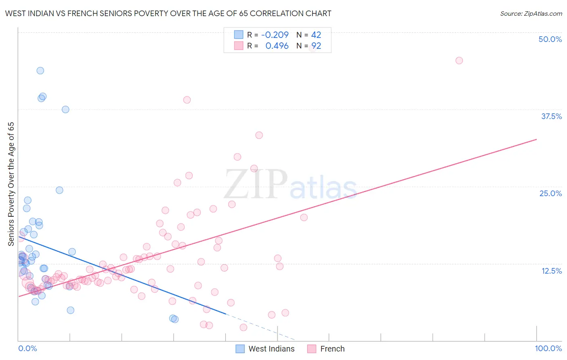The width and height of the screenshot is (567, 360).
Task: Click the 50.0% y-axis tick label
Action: point(550,39)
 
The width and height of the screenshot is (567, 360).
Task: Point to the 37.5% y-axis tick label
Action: point(551,116)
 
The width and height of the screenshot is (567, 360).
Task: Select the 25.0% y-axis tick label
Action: point(550,193)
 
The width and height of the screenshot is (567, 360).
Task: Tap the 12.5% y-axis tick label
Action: point(551,271)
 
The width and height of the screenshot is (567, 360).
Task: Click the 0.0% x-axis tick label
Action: point(27,348)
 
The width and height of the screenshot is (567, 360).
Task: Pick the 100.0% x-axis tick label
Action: point(548,348)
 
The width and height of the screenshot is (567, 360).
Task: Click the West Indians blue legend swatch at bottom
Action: point(240,349)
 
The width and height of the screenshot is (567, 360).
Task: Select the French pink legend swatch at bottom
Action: point(311,349)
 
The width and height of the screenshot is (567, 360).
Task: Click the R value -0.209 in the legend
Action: point(275,35)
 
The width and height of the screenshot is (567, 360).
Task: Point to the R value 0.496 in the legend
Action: point(277,46)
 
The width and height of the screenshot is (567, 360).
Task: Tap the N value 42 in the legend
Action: point(316,35)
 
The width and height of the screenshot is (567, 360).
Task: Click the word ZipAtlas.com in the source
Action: point(543,14)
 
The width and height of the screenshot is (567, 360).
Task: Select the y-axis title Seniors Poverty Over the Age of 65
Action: point(11,184)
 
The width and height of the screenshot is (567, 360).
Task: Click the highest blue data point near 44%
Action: point(40,71)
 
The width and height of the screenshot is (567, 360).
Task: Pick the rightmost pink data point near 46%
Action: point(459,61)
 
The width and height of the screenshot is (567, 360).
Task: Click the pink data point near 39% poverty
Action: point(187,100)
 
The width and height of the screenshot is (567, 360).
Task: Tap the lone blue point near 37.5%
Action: point(65,109)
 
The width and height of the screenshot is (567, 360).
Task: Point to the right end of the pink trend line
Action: point(536,139)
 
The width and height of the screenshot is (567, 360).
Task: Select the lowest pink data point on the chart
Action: point(243,327)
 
